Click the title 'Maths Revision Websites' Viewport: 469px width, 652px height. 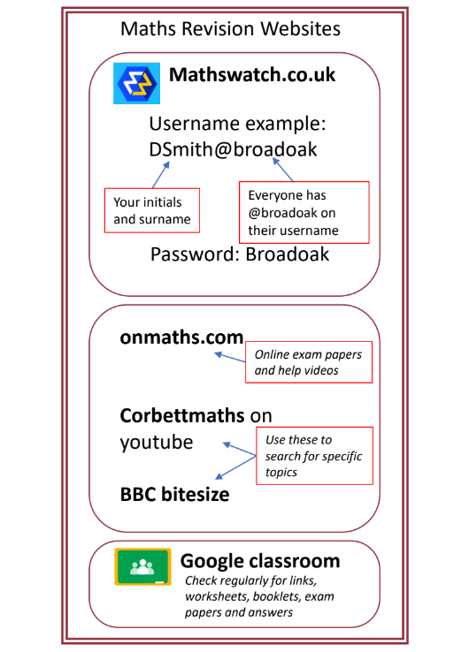(x=230, y=29)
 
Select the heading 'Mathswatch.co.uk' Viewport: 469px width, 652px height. (x=252, y=75)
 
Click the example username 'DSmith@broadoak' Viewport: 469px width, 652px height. (x=234, y=149)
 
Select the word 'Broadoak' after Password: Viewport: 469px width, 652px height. (x=288, y=254)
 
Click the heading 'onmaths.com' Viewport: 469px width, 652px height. (x=181, y=337)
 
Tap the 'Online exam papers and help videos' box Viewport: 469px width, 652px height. (x=308, y=362)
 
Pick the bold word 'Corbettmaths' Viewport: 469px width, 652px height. (x=182, y=415)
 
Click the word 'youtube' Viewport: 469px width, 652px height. (x=157, y=442)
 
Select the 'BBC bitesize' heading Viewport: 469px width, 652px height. (x=174, y=494)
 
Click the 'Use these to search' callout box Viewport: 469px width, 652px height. (x=313, y=455)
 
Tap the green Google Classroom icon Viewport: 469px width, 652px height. (x=142, y=566)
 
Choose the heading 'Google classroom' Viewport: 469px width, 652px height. (x=259, y=561)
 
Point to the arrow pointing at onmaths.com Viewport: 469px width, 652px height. (x=229, y=358)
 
